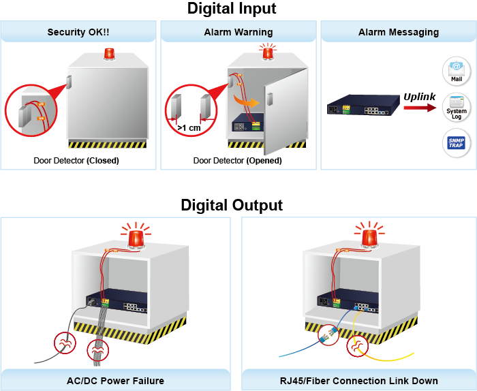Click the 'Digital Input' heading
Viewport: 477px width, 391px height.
tap(232, 9)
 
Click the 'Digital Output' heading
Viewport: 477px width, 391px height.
tap(232, 205)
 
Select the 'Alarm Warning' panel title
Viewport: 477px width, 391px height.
tap(238, 32)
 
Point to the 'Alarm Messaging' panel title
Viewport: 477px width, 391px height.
tap(399, 32)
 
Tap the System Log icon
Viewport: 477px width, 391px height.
tap(456, 107)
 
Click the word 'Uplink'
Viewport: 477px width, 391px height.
tap(419, 96)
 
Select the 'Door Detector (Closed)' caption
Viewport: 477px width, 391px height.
tap(76, 161)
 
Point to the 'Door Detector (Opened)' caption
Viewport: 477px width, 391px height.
tap(237, 161)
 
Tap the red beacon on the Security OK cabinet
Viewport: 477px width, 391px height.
tap(109, 54)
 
